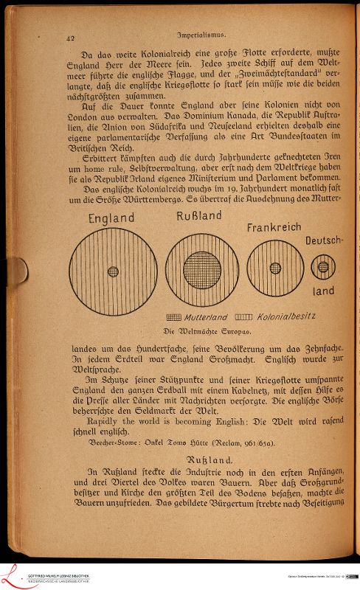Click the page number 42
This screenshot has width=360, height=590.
pos(72,36)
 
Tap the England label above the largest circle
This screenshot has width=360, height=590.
pos(111,218)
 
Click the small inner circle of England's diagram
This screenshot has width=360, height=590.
pos(113,271)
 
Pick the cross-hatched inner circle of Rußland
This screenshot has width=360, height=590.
pos(202,270)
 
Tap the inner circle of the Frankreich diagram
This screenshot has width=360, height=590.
pos(275,269)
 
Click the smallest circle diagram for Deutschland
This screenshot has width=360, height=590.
pos(323,267)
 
